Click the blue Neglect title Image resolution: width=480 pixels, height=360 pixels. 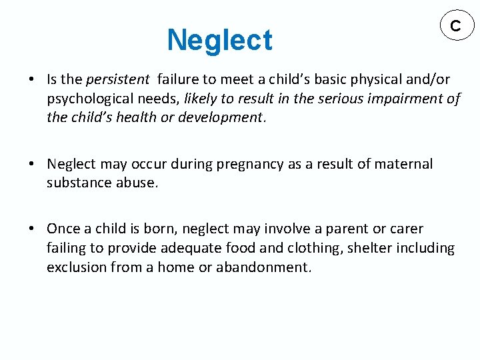[219, 40]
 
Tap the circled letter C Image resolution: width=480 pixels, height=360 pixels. [455, 26]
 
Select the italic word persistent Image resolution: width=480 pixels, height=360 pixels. [117, 79]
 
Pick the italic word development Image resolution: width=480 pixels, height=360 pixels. [225, 117]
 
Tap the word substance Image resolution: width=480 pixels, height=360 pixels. [77, 183]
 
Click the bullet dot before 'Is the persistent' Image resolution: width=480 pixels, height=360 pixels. [32, 80]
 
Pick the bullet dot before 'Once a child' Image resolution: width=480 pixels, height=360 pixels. [32, 229]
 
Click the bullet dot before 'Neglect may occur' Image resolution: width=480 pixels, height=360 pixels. [32, 165]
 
